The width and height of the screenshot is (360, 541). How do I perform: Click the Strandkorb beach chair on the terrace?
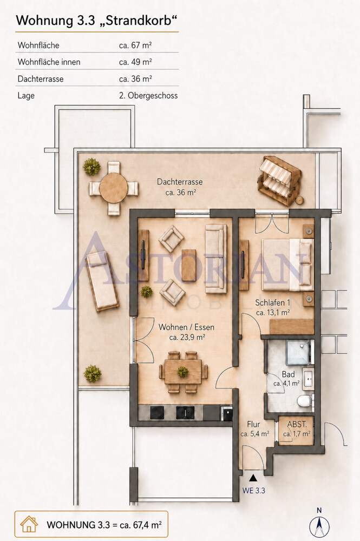279,181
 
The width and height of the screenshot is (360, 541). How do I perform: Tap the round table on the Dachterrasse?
114,188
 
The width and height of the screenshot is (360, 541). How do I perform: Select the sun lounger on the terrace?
101,282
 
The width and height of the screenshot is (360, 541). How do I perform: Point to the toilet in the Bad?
305,401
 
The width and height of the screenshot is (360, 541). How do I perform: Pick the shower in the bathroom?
299,352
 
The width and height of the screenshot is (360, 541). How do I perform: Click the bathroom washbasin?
308,379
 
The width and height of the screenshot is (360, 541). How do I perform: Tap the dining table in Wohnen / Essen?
183,372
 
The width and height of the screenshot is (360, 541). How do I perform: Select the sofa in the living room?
216,259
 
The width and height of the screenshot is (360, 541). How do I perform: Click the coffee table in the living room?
189,265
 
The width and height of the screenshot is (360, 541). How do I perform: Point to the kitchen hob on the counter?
157,413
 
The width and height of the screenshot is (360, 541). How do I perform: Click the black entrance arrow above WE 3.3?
253,478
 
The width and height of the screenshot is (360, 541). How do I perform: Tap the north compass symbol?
319,524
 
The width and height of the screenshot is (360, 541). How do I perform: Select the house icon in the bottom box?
29,524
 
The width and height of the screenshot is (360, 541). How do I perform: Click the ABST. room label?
297,424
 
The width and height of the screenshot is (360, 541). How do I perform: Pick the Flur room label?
253,424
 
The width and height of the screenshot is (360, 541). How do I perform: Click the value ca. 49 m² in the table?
135,62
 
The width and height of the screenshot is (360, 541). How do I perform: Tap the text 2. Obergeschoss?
148,96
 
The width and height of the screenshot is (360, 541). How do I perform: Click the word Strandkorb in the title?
138,21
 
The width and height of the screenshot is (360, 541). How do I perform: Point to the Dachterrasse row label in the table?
41,79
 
